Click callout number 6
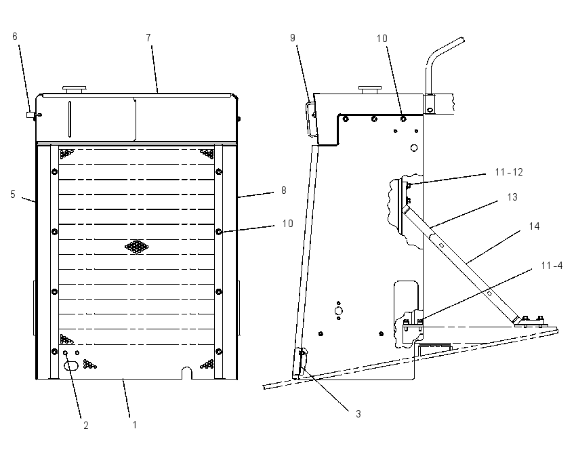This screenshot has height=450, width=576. coord(15,37)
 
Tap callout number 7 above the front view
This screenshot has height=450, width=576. coord(148,37)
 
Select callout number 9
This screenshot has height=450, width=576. coord(293,37)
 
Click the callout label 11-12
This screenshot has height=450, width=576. coord(509,172)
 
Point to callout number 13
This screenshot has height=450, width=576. coord(512,197)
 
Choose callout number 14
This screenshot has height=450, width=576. coord(534,226)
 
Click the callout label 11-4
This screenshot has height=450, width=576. coord(552,265)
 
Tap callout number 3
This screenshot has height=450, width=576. coord(358,414)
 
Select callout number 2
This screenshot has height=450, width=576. coord(86,426)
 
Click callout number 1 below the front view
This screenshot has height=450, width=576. coord(135,425)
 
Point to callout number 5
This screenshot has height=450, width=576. coord(13,195)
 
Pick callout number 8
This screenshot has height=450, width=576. coord(283,190)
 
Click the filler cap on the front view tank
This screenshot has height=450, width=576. coord(75,89)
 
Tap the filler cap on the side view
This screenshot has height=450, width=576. coord(370,89)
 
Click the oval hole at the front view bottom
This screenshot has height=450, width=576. coord(71,365)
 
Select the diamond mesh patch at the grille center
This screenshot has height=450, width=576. coord(137,247)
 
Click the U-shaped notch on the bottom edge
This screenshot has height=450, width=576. coord(187,373)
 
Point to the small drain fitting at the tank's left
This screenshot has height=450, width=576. coord(33,115)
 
